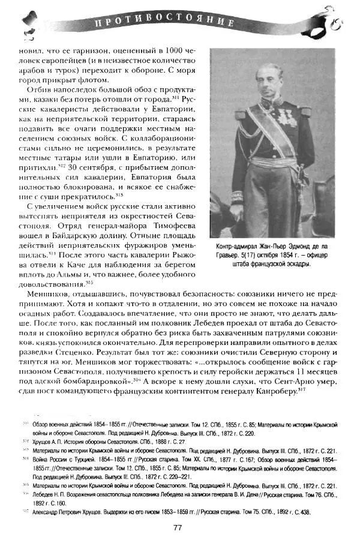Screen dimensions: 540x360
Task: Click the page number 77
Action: pyautogui.click(x=178, y=528)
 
